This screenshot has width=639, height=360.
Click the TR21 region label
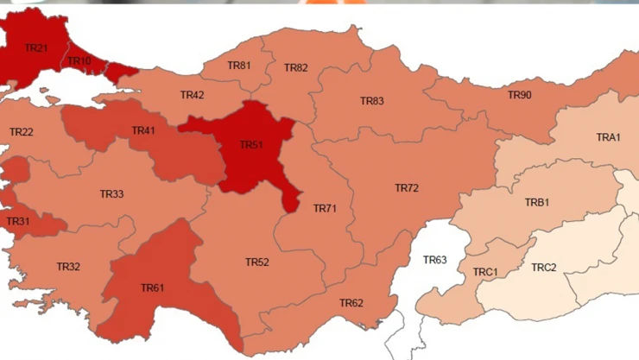(37, 48)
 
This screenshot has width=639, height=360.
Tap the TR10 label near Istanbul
(79, 61)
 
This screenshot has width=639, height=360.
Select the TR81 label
(239, 66)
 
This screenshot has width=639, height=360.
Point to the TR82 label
(295, 68)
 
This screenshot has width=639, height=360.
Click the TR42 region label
(192, 95)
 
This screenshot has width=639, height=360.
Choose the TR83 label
(371, 101)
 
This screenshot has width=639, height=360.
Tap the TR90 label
(520, 95)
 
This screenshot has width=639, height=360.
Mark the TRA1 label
(608, 138)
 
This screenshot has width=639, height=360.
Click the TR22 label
(22, 132)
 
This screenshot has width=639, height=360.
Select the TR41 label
(143, 131)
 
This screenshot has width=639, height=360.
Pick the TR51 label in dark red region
(251, 145)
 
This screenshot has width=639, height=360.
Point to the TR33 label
(111, 194)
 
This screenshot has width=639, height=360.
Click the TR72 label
(407, 188)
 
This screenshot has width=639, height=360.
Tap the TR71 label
(325, 209)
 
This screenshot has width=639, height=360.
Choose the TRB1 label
(537, 203)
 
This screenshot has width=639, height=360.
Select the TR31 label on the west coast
(18, 222)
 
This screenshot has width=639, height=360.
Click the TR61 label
(152, 287)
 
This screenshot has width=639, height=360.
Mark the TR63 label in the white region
(434, 260)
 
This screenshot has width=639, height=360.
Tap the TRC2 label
(544, 268)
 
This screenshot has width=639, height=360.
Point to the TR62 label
(351, 303)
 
